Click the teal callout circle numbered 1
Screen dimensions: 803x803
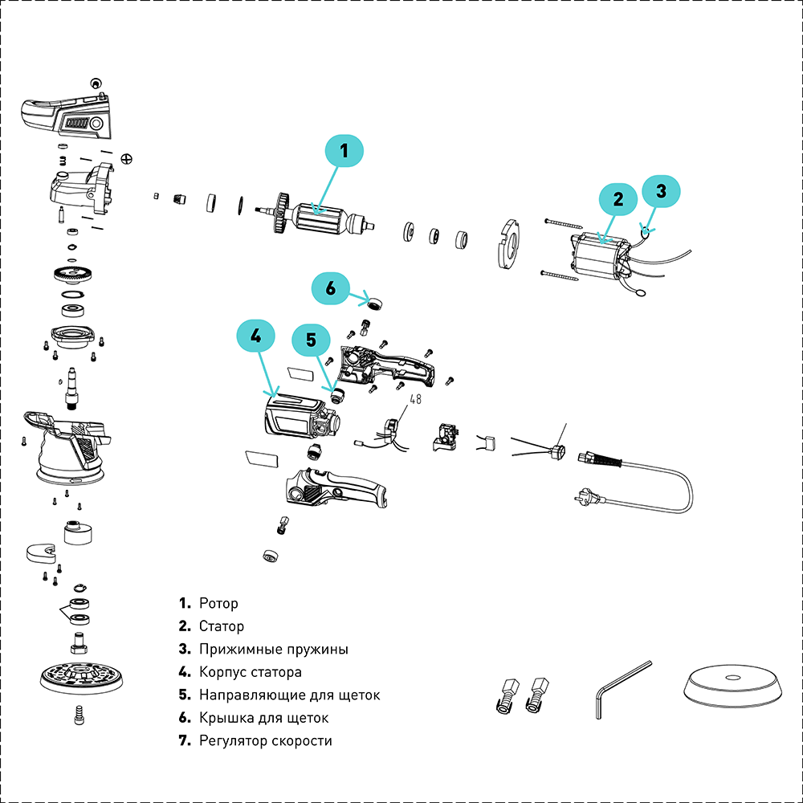[x=344, y=150]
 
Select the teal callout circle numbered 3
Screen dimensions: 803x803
[x=661, y=191]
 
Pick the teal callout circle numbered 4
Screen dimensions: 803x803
[x=255, y=337]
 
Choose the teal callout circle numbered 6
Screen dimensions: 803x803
[x=332, y=287]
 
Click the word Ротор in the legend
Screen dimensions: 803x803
[x=218, y=603]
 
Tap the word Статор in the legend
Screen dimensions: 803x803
[x=222, y=626]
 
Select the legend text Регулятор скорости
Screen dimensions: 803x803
[x=265, y=740]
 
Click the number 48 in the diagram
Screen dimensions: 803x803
[x=416, y=398]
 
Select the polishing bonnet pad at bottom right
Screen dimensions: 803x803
[x=732, y=687]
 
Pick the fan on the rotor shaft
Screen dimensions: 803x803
[x=281, y=214]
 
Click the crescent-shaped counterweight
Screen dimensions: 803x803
[x=41, y=552]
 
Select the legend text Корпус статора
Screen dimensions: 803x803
[x=250, y=672]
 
